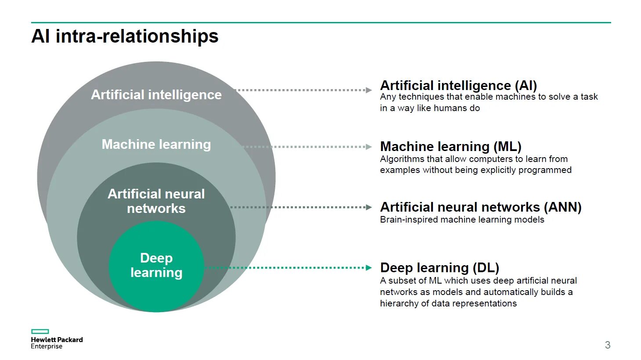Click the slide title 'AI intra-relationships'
point(125,36)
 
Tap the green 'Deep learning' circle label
point(156,265)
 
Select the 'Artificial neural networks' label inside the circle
point(156,201)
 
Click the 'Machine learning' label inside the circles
point(156,144)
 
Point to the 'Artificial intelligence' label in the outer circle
point(156,95)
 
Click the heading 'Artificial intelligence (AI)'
point(458,85)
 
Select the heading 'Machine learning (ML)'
point(450,146)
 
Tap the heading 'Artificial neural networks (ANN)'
point(481,207)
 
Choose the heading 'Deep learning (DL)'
point(439,267)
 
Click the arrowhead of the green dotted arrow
point(369,267)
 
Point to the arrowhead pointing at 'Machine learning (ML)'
point(369,147)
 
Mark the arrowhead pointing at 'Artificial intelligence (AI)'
point(369,90)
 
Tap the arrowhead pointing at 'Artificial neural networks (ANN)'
point(369,207)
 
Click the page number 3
point(608,345)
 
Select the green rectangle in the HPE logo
point(40,331)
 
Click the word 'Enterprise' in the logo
point(47,346)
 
